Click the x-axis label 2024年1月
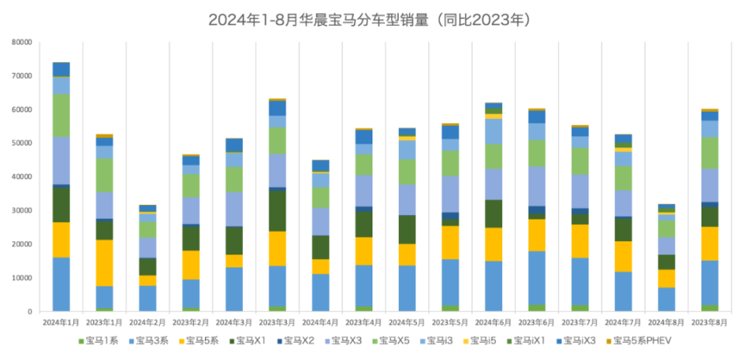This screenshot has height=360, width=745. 61,320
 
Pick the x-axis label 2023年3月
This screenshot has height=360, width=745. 276,320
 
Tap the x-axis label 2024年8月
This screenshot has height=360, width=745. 664,320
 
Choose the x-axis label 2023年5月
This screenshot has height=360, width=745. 449,320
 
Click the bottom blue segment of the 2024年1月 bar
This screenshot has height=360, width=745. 61,284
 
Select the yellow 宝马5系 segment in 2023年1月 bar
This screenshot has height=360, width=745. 105,263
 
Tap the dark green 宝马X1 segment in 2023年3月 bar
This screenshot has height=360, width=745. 276,211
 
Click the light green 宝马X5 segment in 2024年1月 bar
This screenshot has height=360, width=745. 61,115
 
